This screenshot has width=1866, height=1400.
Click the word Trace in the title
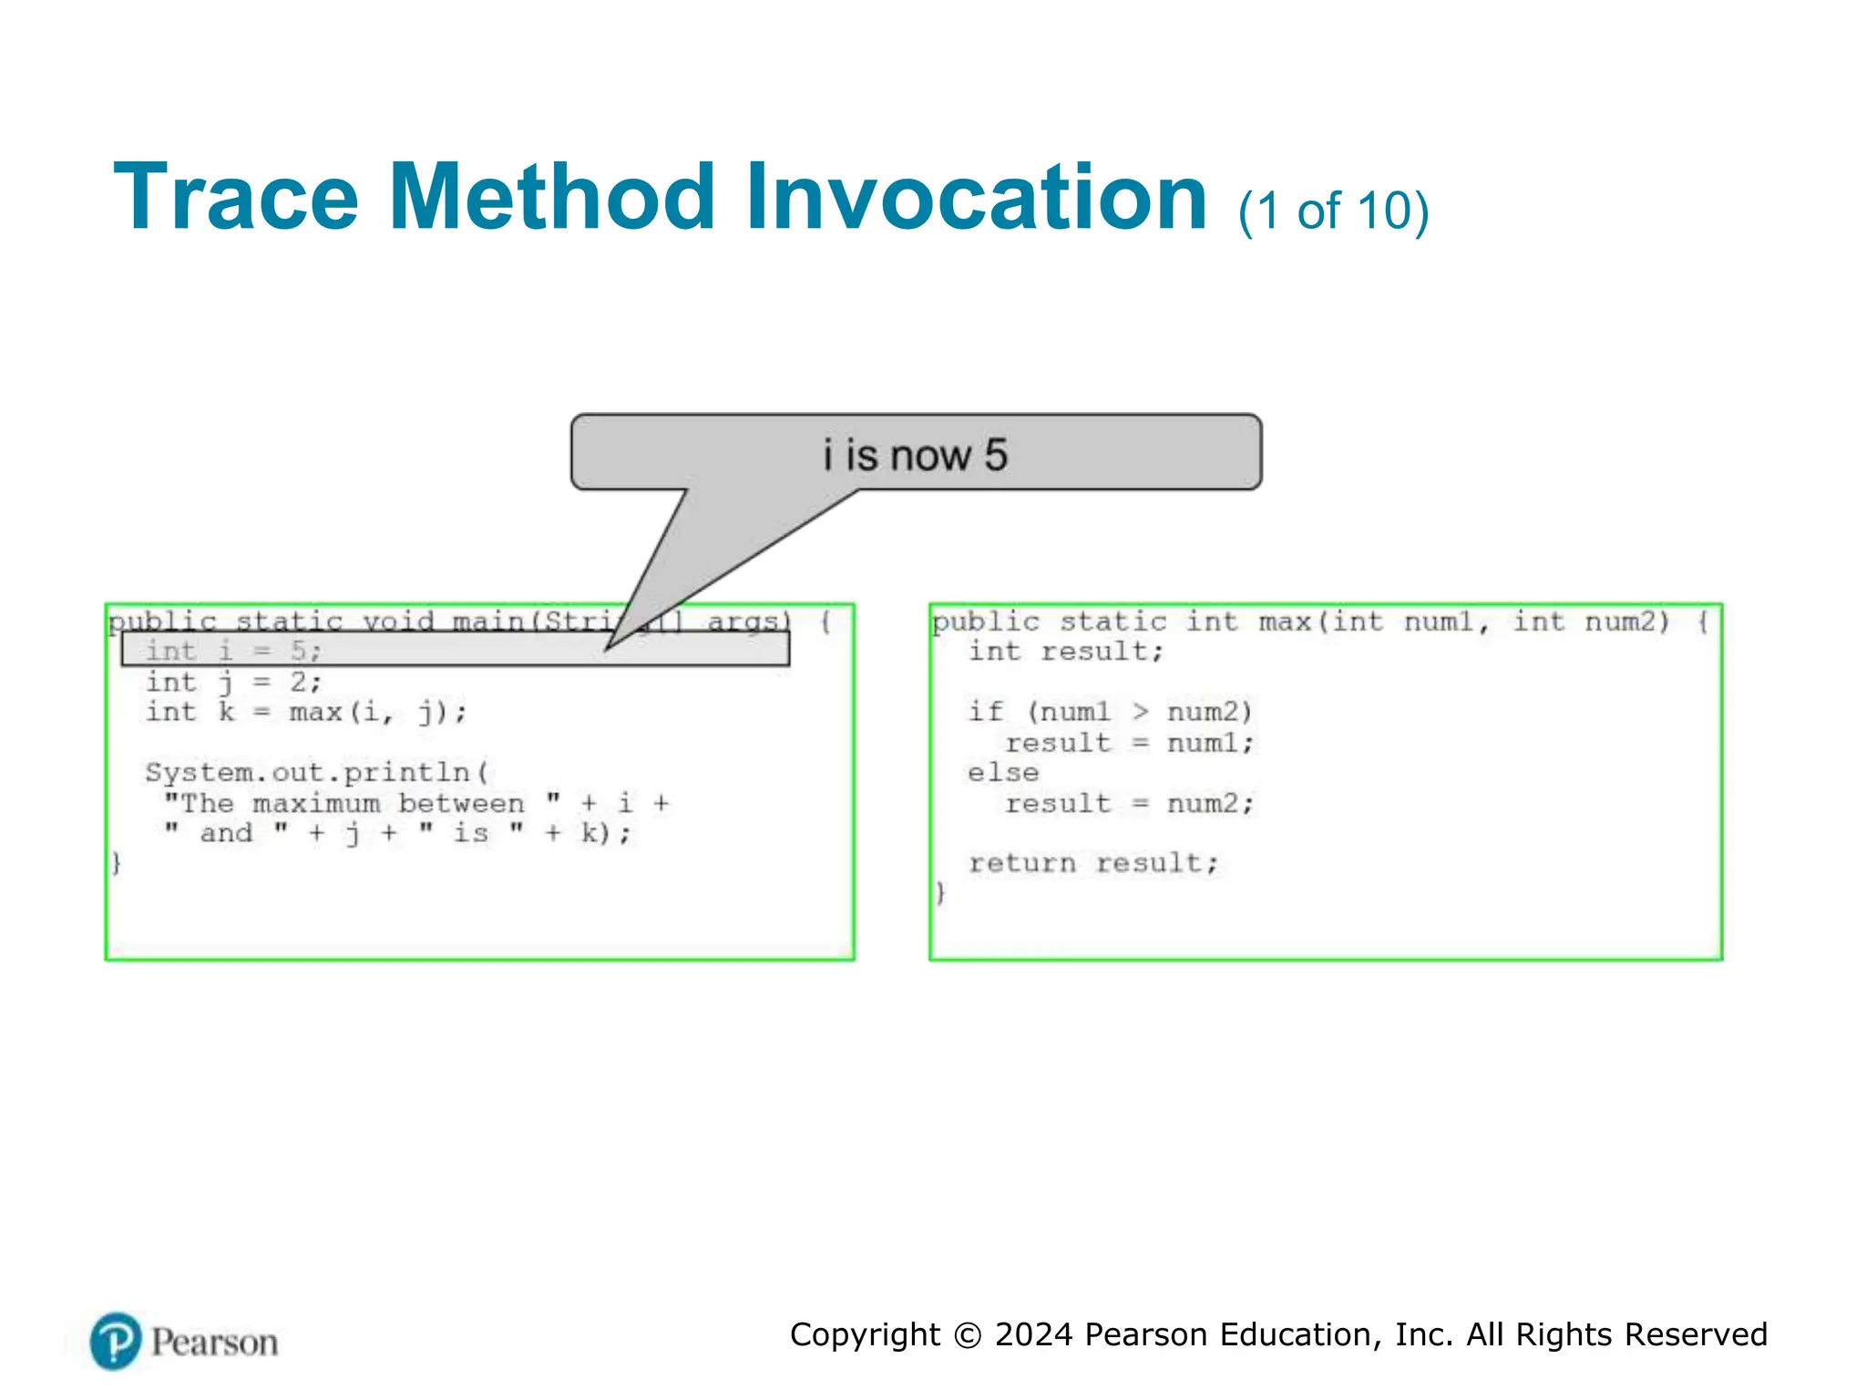point(236,197)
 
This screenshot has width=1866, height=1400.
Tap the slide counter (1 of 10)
point(1333,211)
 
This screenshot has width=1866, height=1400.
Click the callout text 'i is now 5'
point(915,454)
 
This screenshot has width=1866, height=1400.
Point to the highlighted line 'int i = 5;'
point(233,651)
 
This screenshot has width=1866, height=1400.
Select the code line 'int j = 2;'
point(233,682)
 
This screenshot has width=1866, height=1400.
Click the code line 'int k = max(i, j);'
point(306,712)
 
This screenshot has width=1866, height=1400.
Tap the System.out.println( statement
point(317,772)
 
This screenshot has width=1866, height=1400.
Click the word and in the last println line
point(226,833)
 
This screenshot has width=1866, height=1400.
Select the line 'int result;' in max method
point(1065,651)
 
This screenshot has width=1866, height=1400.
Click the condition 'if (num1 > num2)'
point(1110,712)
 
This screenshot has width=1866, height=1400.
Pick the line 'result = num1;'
point(1129,743)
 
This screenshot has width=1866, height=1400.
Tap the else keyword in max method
point(1002,773)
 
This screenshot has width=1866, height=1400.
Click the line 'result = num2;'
point(1129,803)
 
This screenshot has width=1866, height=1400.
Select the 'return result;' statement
point(1092,862)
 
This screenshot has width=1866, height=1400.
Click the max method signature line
point(1318,622)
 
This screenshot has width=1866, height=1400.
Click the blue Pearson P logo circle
point(116,1341)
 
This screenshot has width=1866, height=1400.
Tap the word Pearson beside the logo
point(214,1343)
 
